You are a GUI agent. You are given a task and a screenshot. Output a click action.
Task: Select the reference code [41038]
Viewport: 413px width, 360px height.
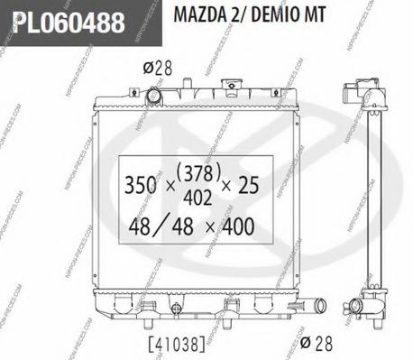tap(171, 344)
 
